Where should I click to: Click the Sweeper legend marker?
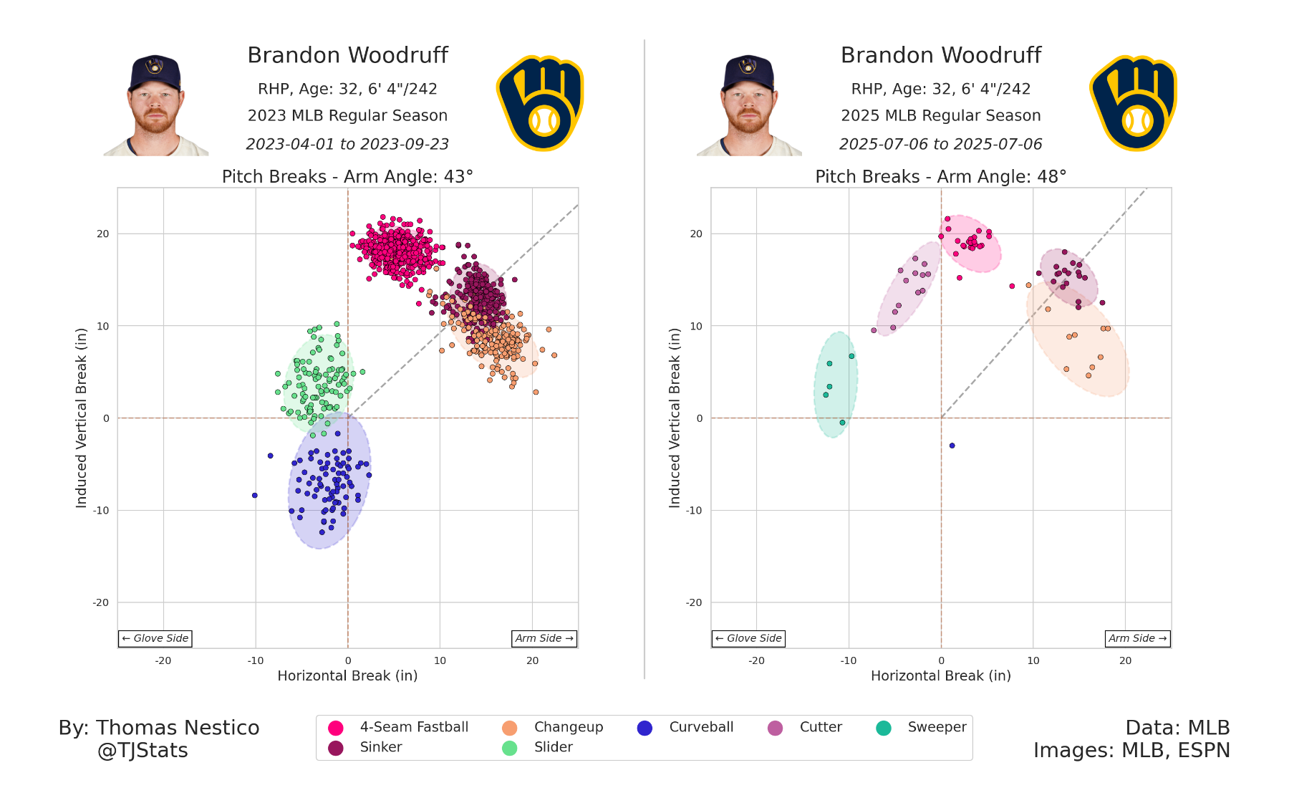[x=884, y=728]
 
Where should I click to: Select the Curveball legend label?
[x=701, y=727]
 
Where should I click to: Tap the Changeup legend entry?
[x=569, y=727]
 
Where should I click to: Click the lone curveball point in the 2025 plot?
[x=952, y=446]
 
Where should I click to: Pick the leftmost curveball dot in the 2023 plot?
[x=254, y=495]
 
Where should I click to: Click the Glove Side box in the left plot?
[x=155, y=638]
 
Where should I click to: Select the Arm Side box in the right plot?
[x=1137, y=638]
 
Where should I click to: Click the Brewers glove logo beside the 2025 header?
[x=1133, y=103]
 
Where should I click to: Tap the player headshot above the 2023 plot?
[x=155, y=105]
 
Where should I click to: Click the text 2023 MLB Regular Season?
[x=347, y=115]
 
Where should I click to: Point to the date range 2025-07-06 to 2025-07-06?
[x=940, y=144]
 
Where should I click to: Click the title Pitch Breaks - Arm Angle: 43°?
[x=347, y=177]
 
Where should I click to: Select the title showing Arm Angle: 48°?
[x=940, y=177]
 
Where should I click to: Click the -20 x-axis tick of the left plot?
[x=163, y=660]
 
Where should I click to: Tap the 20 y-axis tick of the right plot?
[x=696, y=234]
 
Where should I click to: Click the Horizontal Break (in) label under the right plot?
[x=940, y=676]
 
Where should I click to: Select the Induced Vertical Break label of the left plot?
[x=81, y=418]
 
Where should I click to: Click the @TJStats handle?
[x=143, y=751]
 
